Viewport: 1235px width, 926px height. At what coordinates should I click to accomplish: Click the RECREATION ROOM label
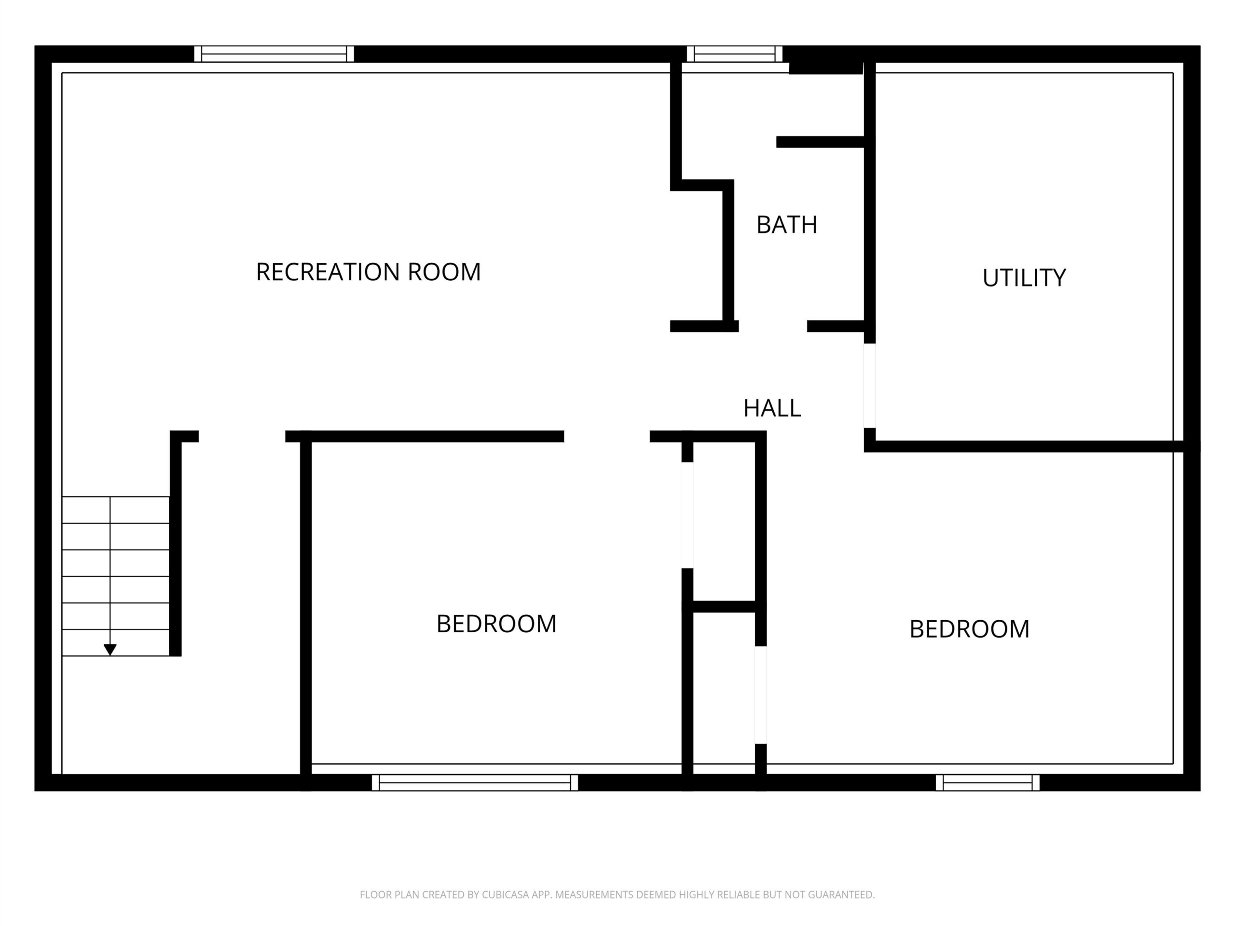[368, 272]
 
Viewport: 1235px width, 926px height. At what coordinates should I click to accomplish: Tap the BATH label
[787, 224]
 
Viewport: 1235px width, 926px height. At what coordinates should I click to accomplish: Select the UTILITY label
[1024, 277]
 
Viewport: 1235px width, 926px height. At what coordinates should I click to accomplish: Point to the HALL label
[772, 408]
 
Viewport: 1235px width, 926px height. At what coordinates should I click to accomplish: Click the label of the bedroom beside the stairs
[496, 624]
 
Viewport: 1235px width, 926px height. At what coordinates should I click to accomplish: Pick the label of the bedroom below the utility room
[969, 629]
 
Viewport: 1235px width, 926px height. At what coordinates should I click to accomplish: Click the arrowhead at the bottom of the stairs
[110, 650]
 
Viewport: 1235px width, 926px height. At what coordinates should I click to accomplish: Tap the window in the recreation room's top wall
[274, 54]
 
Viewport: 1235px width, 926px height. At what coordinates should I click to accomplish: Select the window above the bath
[734, 54]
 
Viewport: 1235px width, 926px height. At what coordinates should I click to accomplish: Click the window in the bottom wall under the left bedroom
[475, 783]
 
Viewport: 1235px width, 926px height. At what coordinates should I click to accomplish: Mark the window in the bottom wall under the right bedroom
[988, 783]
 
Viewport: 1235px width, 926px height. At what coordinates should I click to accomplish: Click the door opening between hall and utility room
[870, 386]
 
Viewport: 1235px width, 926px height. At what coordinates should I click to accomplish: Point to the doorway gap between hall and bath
[773, 327]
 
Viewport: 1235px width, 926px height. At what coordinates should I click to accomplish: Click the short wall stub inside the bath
[820, 142]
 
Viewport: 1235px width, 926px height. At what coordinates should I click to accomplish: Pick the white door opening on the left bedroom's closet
[687, 515]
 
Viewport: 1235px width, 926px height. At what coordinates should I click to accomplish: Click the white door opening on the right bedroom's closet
[760, 695]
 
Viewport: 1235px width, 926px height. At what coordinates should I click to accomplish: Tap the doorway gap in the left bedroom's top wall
[607, 436]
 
